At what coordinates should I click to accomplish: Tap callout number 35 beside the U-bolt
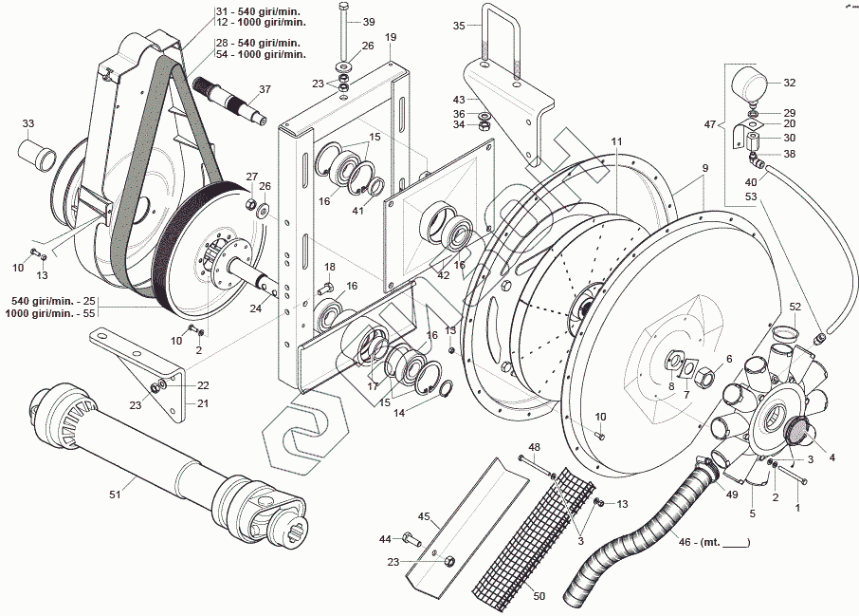click(459, 26)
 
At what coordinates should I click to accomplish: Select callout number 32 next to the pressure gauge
click(790, 83)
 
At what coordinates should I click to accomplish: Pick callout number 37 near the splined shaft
click(265, 89)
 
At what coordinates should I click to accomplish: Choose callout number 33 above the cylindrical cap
click(28, 123)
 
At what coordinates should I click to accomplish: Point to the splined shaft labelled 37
click(231, 100)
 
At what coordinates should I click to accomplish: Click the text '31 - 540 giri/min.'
click(256, 11)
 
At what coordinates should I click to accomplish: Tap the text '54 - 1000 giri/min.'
click(261, 55)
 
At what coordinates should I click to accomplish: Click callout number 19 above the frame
click(391, 37)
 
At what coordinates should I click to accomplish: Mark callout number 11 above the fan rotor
click(616, 141)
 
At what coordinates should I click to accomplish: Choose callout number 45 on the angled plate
click(424, 517)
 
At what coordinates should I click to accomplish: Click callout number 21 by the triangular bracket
click(203, 402)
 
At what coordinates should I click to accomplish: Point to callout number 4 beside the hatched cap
click(832, 457)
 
